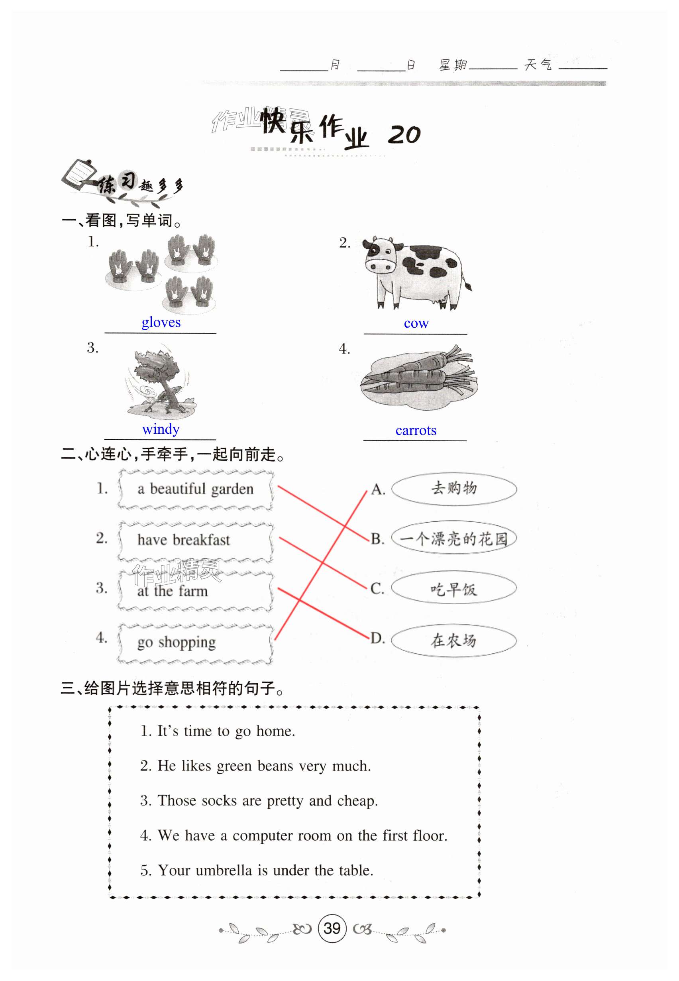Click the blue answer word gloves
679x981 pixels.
(x=161, y=322)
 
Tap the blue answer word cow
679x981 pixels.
(x=416, y=323)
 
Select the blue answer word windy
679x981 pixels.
(x=161, y=429)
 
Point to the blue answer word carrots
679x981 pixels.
(x=416, y=430)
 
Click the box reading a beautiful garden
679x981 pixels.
(x=195, y=489)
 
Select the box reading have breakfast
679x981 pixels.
(x=195, y=540)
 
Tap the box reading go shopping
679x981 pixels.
(x=195, y=642)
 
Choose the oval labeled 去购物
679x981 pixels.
(x=453, y=488)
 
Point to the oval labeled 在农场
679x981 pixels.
(x=453, y=640)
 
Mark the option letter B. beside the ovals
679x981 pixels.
(x=377, y=539)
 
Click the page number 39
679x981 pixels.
(x=332, y=928)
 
